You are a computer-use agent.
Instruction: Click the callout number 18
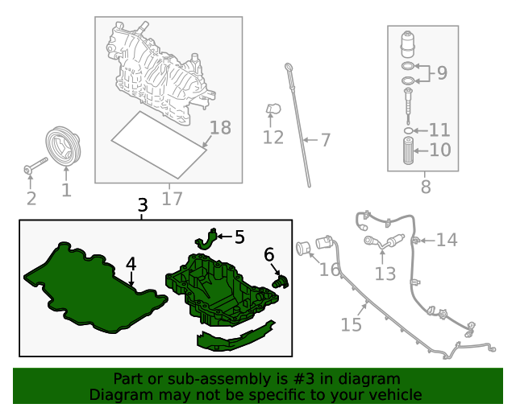tap(220, 127)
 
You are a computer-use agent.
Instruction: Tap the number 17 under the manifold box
tap(172, 199)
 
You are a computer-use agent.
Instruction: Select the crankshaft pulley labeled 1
tap(63, 146)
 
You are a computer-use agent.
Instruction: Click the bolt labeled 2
tap(35, 165)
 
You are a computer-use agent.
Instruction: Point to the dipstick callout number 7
tap(325, 140)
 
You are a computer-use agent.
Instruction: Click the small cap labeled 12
tap(273, 109)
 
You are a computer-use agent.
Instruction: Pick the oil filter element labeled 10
tap(408, 150)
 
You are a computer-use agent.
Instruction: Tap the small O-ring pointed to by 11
tap(408, 131)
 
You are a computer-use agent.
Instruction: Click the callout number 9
tap(442, 72)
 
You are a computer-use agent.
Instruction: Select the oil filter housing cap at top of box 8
tap(407, 44)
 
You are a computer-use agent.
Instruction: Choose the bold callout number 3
tap(143, 205)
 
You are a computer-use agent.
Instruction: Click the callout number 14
tap(447, 240)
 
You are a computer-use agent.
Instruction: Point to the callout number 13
tap(385, 274)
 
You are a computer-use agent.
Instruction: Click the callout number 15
tap(352, 324)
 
